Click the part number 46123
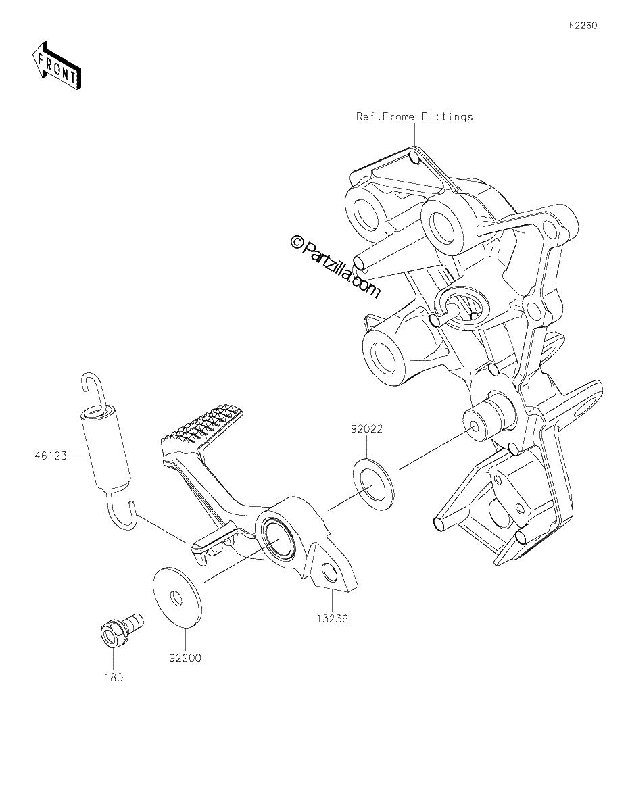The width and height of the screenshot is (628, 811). pyautogui.click(x=51, y=456)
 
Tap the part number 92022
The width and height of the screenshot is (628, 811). pyautogui.click(x=366, y=429)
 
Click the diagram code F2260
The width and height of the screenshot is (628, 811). pyautogui.click(x=583, y=26)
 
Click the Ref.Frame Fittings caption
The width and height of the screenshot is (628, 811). pyautogui.click(x=414, y=116)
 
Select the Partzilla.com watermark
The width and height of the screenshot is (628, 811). pyautogui.click(x=335, y=268)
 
